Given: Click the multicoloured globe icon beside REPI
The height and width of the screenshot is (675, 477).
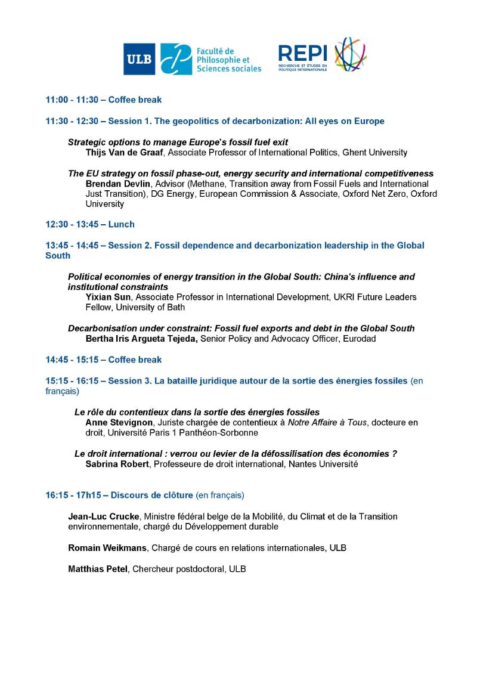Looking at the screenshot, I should click(x=350, y=55).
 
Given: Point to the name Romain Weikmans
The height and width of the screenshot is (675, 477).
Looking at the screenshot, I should click(x=107, y=547).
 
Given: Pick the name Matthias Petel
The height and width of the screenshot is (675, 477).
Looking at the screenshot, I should click(x=98, y=569).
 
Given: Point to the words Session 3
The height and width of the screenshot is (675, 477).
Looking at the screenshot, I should click(x=129, y=380).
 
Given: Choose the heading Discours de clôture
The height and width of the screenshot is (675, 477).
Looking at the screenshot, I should click(x=152, y=495).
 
